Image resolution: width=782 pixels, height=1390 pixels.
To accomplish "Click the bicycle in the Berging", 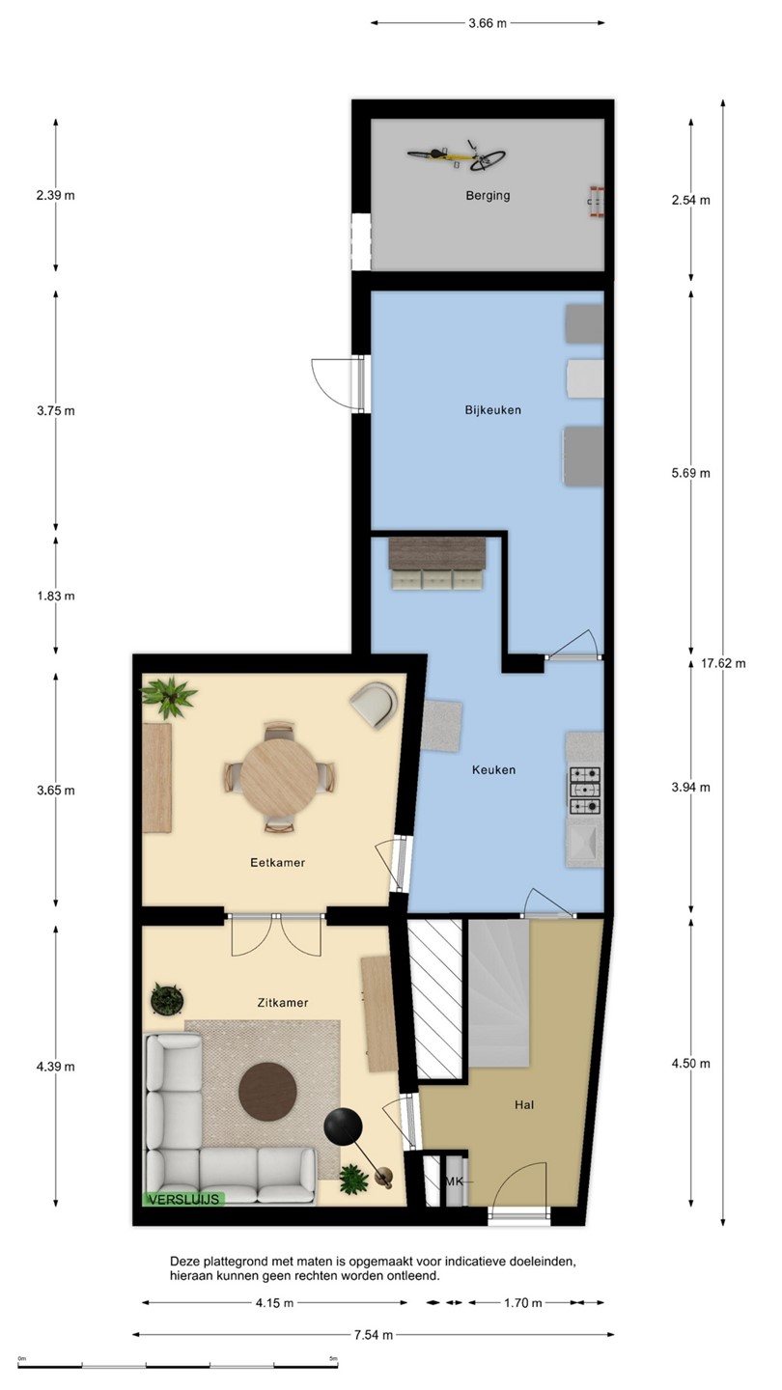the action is click(x=456, y=156).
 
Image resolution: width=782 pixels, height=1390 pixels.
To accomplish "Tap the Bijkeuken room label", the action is click(x=492, y=409).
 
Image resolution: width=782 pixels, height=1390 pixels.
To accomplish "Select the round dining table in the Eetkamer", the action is click(x=279, y=777).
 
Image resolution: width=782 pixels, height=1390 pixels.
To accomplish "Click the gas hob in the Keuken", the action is click(x=585, y=791).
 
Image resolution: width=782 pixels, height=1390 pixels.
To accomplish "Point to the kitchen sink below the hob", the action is click(x=583, y=841).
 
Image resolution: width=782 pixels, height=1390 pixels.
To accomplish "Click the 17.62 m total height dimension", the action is click(x=724, y=663).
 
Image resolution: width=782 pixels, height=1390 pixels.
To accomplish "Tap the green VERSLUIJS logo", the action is click(x=183, y=1199).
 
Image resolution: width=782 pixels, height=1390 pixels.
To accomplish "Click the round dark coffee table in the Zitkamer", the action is click(x=267, y=1092).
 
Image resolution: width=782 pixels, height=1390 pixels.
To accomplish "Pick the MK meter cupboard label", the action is click(x=455, y=1181).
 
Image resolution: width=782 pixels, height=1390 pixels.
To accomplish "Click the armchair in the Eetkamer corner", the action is click(x=375, y=704).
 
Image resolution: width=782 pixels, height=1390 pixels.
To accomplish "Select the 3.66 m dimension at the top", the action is click(x=488, y=23).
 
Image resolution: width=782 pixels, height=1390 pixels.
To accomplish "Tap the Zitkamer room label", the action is click(x=282, y=1002).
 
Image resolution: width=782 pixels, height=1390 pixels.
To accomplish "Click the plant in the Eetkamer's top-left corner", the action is click(x=169, y=696).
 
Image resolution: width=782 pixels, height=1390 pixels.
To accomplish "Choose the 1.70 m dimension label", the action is click(x=522, y=1302).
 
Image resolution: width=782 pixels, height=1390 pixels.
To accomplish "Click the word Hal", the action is click(x=524, y=1104).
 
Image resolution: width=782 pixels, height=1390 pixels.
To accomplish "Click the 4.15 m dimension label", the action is click(x=274, y=1302).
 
